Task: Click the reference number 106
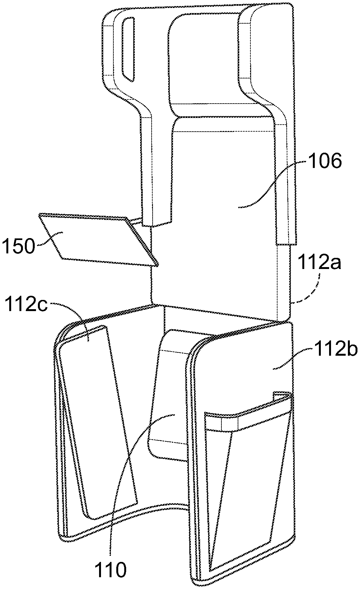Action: [x=323, y=162]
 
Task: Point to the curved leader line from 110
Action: [x=127, y=478]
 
